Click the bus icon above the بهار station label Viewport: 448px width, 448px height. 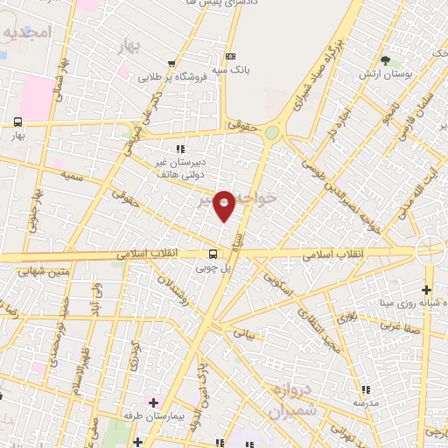(x=17, y=122)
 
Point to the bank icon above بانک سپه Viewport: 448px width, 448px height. (x=230, y=54)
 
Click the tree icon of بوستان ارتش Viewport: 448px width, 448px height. (x=385, y=60)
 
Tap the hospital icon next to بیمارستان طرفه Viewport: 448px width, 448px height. (x=152, y=402)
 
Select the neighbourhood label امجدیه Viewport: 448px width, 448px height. (x=28, y=33)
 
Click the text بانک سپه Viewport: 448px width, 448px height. (x=234, y=69)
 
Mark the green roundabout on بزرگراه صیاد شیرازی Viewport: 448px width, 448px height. (x=272, y=133)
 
